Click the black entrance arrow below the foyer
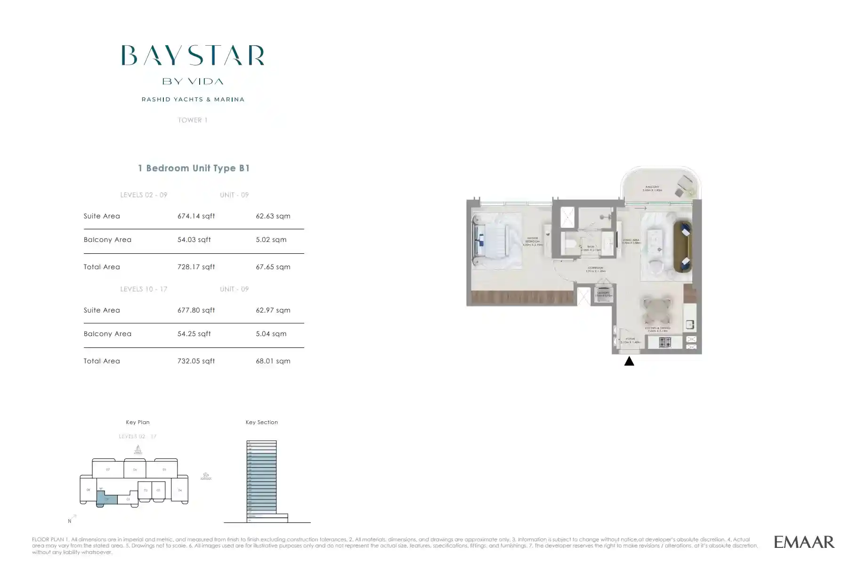(629, 361)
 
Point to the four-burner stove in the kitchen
(665, 342)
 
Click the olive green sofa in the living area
(682, 247)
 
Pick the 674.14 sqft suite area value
(196, 216)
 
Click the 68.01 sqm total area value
(273, 361)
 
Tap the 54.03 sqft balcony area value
(194, 240)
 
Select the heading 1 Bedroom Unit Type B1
(194, 168)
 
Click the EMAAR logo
(804, 542)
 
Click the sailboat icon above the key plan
(138, 450)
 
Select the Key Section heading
(262, 422)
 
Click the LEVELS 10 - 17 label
(144, 289)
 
